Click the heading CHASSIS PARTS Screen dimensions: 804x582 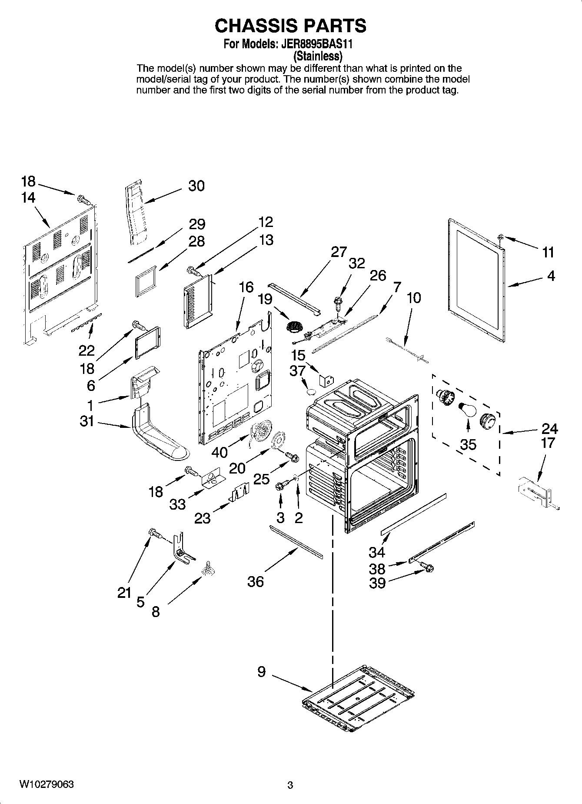(x=290, y=26)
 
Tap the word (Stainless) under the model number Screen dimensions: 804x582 (x=318, y=56)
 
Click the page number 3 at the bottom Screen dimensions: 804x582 (x=290, y=785)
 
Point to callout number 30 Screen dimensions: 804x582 (x=196, y=186)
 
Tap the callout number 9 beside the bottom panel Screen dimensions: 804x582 (x=261, y=672)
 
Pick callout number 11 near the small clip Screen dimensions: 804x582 (x=548, y=252)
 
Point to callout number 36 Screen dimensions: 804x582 (x=256, y=581)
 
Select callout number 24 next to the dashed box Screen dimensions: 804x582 (x=549, y=429)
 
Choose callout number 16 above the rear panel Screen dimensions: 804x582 (x=246, y=287)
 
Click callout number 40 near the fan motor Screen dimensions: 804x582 (x=219, y=452)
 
